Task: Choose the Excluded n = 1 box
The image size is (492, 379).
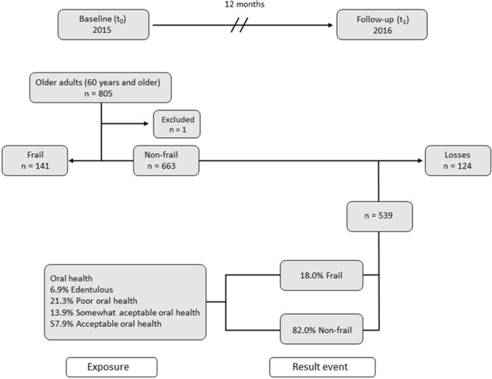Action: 176,125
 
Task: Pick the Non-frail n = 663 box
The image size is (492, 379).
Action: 166,159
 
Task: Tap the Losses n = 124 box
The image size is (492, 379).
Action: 456,159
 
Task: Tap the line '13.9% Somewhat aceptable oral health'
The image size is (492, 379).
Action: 124,314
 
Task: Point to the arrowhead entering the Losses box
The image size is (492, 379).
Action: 422,159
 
